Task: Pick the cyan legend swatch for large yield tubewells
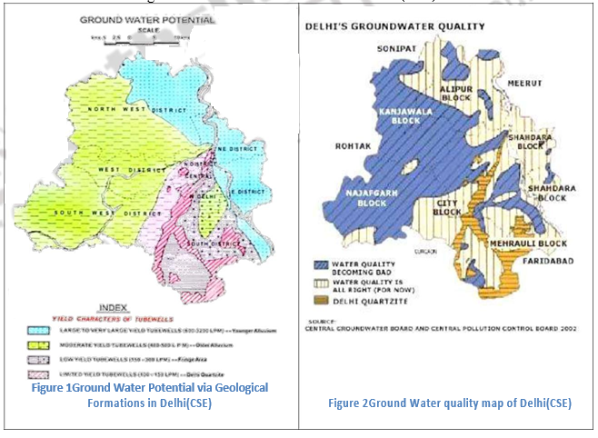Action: [x=43, y=329]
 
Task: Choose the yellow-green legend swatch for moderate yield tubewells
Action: [x=43, y=346]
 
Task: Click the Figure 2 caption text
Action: [x=449, y=403]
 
